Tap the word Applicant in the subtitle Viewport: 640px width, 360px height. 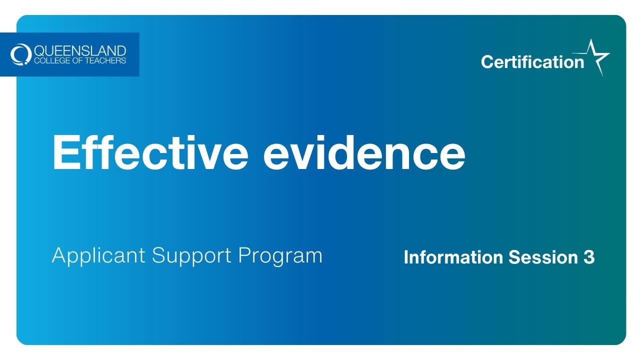coord(99,256)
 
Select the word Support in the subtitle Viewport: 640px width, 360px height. coord(192,256)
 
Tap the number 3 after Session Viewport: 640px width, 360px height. coord(589,257)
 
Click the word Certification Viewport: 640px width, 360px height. coord(532,62)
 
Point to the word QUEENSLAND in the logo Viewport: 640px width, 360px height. coord(80,51)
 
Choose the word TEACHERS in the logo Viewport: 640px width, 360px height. coord(105,61)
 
